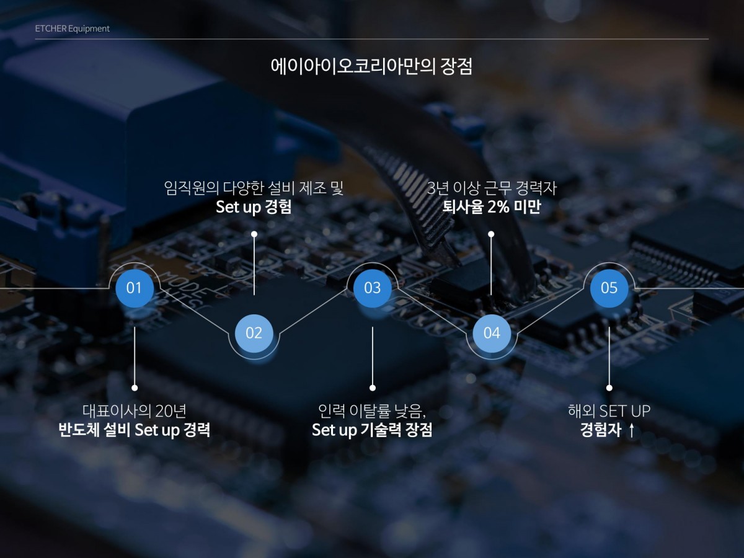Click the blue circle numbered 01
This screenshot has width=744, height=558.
(134, 288)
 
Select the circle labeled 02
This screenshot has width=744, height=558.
(254, 333)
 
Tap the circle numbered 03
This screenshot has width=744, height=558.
(372, 288)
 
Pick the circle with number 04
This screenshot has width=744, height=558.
(491, 333)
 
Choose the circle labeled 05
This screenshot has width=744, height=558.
(609, 288)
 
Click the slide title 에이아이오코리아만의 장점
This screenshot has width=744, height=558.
(371, 66)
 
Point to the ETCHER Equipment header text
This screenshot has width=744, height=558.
(73, 29)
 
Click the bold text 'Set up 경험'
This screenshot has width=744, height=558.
(254, 207)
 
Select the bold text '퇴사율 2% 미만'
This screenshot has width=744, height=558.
(491, 207)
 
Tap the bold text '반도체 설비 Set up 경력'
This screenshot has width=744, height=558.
(134, 430)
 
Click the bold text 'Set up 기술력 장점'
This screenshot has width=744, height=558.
(372, 430)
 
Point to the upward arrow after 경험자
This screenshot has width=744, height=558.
(631, 430)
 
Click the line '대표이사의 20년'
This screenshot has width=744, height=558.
(134, 410)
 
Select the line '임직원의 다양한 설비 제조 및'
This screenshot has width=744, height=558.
(254, 188)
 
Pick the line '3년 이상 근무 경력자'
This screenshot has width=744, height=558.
(491, 188)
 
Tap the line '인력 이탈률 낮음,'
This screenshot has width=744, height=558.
(372, 410)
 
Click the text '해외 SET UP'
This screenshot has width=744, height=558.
(609, 410)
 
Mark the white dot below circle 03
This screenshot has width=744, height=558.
(373, 387)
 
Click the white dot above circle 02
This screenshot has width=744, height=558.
(254, 234)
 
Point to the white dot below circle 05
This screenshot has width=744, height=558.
(609, 387)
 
